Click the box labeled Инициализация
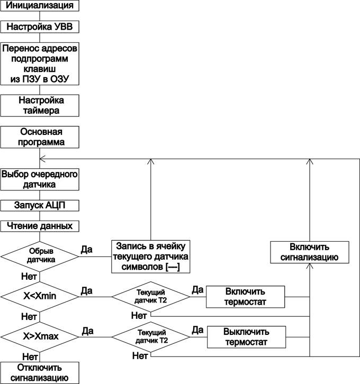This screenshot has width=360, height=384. coord(40,6)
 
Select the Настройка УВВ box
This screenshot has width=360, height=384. coord(40,25)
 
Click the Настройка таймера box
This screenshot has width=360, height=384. coord(40,105)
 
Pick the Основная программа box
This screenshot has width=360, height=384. coord(40,137)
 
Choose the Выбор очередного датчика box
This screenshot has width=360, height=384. coord(40,179)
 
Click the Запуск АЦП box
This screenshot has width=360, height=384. coord(40,205)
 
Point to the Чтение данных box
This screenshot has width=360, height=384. coord(40,226)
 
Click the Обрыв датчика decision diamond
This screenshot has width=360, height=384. coord(40,256)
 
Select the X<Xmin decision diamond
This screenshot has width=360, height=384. coord(40,296)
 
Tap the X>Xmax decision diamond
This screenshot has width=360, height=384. coord(40,336)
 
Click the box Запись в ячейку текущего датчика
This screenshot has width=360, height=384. coord(150,256)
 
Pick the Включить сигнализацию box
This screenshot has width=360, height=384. coord(310,252)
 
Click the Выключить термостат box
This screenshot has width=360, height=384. coord(246,337)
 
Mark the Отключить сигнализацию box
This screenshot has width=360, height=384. coord(40,372)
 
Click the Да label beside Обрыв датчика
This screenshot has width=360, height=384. coord(87,248)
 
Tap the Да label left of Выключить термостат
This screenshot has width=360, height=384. coord(197,330)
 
